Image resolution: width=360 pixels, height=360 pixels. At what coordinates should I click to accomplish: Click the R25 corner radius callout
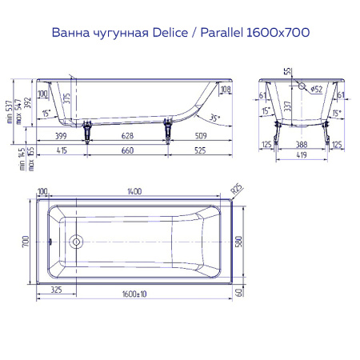[x=236, y=190]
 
